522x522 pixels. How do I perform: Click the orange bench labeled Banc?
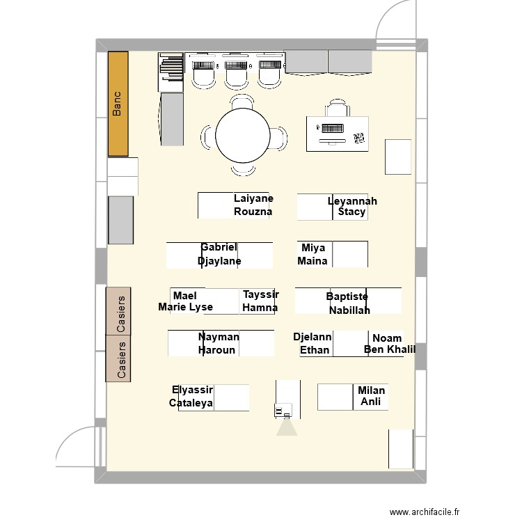118,104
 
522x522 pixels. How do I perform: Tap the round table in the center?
242,136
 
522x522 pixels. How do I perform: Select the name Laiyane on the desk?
253,198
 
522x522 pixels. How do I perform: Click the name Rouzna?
253,212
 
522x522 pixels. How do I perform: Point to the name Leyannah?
352,201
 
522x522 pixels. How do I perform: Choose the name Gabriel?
219,247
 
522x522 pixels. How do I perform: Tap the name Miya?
313,248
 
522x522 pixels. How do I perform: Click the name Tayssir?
261,294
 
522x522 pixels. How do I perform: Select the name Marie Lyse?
186,307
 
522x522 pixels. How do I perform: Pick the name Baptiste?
347,296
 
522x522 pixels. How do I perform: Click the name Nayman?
219,337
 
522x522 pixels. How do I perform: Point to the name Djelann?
313,336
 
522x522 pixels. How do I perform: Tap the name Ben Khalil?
390,349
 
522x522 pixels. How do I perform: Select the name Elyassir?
192,390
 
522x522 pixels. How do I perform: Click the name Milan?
371,390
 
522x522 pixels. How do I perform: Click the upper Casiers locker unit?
118,310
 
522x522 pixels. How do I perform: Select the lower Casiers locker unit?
118,358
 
